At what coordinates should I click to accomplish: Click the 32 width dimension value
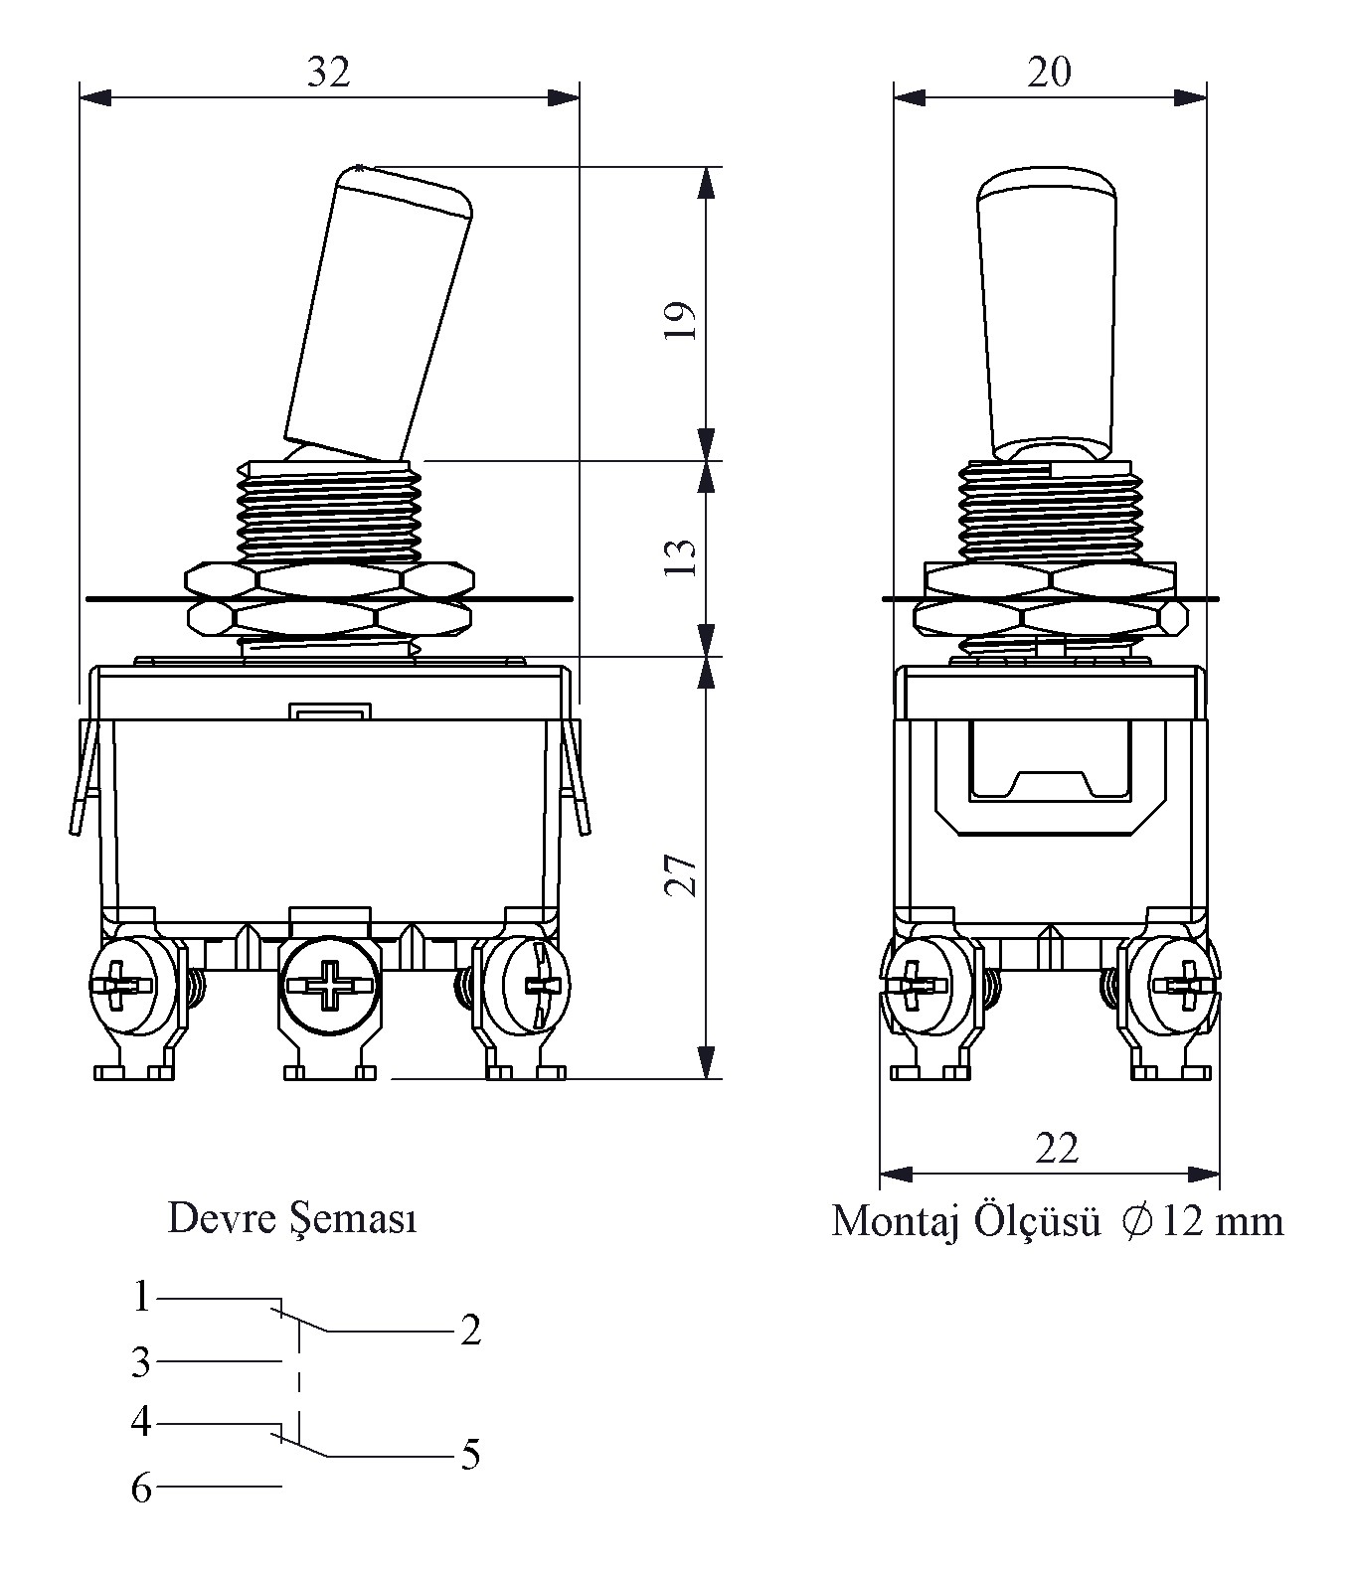[x=328, y=73]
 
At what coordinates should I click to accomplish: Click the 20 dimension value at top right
[x=1050, y=73]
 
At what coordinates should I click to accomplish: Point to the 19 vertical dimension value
[x=682, y=320]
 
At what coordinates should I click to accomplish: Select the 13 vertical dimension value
[x=682, y=557]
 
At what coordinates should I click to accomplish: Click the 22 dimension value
[x=1056, y=1149]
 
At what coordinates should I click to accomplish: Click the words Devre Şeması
[x=292, y=1218]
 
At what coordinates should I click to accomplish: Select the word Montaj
[x=895, y=1222]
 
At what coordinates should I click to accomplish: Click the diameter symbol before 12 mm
[x=1137, y=1220]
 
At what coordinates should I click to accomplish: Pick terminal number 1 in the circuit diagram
[x=142, y=1297]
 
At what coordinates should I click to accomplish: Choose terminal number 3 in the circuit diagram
[x=142, y=1362]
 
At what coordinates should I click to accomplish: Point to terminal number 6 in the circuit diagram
[x=142, y=1489]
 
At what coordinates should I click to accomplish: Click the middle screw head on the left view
[x=328, y=987]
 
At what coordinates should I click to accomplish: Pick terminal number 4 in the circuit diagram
[x=142, y=1422]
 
